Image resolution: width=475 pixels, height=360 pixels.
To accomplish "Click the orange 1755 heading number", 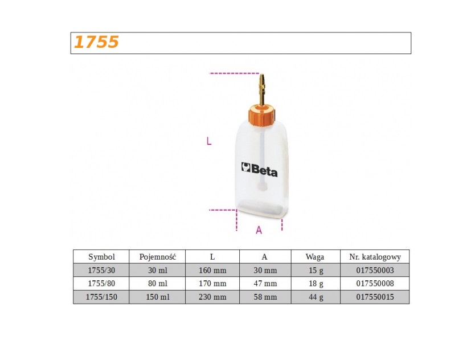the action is (96, 42).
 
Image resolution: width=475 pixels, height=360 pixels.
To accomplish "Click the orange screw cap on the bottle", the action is (261, 114).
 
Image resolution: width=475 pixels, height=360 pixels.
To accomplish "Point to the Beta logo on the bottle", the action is (259, 170).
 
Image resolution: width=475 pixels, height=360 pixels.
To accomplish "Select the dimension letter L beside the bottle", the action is (208, 141).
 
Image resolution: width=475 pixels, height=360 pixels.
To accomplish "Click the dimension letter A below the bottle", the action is (259, 230).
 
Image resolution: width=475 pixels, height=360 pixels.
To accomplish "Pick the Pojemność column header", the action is (158, 257).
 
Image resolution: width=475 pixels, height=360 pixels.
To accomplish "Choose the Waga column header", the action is (315, 257).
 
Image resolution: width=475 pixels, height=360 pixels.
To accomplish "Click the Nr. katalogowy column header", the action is (375, 257).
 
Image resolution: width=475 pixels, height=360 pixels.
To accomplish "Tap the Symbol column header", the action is (101, 257).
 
